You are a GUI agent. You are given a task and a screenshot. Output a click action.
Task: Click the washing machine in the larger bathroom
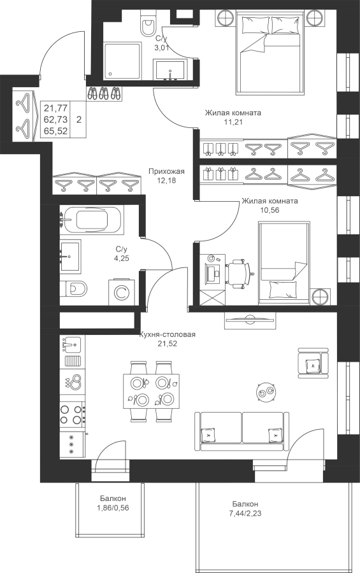click(122, 292)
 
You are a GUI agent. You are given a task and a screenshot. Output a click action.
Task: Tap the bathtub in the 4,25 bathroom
click(92, 220)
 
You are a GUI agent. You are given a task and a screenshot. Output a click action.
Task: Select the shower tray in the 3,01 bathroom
click(122, 61)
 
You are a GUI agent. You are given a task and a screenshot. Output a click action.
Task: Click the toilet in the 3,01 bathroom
click(148, 23)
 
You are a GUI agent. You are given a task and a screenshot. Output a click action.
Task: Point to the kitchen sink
click(72, 344)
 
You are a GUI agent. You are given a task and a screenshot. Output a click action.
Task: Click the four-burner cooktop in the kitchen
click(72, 414)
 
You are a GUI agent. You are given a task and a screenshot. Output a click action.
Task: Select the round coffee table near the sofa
click(266, 392)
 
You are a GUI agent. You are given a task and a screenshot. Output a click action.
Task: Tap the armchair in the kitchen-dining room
click(313, 363)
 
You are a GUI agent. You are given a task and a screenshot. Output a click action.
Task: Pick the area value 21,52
click(167, 343)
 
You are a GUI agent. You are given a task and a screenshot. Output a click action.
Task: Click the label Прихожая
click(166, 171)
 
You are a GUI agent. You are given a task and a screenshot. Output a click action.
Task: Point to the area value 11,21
click(233, 122)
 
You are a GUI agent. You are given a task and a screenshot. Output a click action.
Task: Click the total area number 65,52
click(55, 131)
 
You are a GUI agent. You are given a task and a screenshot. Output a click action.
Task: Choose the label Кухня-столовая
click(167, 334)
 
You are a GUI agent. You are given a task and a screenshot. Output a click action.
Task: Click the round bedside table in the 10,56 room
click(321, 297)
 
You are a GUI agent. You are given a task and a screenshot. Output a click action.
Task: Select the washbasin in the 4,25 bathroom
click(70, 256)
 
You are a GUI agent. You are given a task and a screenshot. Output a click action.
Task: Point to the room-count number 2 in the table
click(78, 120)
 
